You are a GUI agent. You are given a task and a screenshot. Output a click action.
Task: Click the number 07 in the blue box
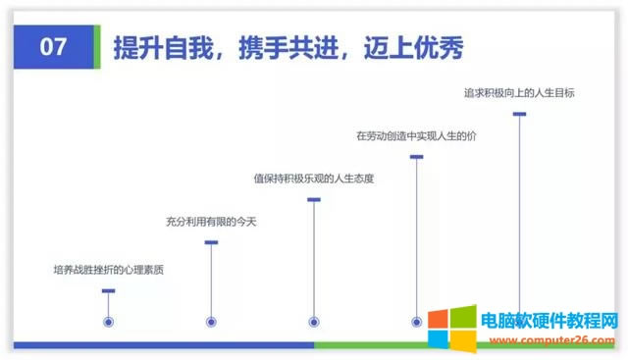53,46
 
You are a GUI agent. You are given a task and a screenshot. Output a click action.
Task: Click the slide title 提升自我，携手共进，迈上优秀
288,46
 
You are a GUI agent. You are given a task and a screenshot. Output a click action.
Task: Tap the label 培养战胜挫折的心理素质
108,269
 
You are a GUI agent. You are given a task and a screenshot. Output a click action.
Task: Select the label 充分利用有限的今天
210,223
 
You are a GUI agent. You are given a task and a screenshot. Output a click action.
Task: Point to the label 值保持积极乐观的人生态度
314,179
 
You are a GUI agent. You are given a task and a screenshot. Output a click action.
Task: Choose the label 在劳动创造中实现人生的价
416,135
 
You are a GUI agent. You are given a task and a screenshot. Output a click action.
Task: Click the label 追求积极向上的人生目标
519,94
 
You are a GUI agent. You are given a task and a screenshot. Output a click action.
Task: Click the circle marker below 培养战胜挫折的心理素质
109,321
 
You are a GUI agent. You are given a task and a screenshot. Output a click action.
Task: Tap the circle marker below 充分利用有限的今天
211,321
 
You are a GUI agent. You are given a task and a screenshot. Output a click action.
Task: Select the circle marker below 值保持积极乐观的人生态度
314,321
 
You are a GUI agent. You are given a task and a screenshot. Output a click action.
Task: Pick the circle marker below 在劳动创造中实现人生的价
417,321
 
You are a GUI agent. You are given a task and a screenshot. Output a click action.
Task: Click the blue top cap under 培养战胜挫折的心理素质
109,290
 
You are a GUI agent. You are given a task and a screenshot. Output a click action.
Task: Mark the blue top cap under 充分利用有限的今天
211,242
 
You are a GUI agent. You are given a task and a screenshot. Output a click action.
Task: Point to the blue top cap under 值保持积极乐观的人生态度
314,199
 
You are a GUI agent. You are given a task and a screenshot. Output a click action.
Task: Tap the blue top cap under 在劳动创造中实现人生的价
417,156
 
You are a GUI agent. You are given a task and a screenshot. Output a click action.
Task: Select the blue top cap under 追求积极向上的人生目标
520,114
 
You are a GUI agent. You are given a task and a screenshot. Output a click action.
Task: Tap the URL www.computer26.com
548,337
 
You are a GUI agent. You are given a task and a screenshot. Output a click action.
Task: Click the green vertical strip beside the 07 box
96,46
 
